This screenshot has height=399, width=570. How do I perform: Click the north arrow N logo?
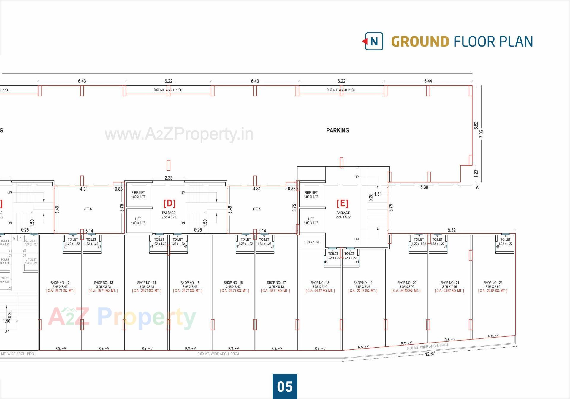pos(374,41)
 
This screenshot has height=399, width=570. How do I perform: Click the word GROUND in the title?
pos(420,42)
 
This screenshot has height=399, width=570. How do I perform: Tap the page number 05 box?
pos(285,386)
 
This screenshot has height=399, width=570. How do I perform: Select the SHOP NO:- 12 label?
pos(60,283)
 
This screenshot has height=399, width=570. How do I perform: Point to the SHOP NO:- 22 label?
pos(493,283)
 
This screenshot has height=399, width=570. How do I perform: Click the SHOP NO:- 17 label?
pos(276,283)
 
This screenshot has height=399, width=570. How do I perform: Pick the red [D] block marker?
pos(169,203)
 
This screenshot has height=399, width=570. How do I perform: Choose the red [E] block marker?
pos(342,203)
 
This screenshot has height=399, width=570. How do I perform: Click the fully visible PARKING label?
pos(338,130)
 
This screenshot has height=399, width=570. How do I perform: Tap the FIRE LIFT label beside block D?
pos(138,193)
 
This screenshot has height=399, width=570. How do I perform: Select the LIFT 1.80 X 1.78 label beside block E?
pos(311,221)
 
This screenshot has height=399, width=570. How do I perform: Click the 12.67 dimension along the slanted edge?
pos(430,354)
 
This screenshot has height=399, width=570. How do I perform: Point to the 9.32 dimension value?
pos(452,230)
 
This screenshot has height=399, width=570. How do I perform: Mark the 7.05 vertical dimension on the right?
pos(481,134)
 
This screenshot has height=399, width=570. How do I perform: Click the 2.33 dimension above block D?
pos(168,178)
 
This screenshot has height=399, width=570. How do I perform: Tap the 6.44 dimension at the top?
pos(428,81)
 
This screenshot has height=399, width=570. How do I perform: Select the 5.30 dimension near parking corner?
pos(424,187)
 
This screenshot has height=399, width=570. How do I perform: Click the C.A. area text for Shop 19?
pos(363,291)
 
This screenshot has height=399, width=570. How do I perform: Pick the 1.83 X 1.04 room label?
pos(311,242)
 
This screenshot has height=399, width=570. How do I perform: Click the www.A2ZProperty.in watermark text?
pos(179,134)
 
